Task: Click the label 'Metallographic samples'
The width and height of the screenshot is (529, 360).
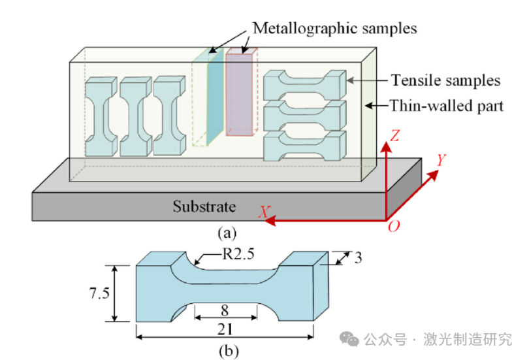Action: pos(334,28)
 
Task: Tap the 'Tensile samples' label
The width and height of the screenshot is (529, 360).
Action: pos(445,80)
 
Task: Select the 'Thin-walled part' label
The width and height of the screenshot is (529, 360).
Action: pos(447,105)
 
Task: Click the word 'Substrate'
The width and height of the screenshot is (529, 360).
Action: pos(203,207)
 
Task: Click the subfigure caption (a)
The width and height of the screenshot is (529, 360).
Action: pos(227,232)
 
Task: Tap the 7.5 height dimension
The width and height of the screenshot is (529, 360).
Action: pos(97,293)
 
